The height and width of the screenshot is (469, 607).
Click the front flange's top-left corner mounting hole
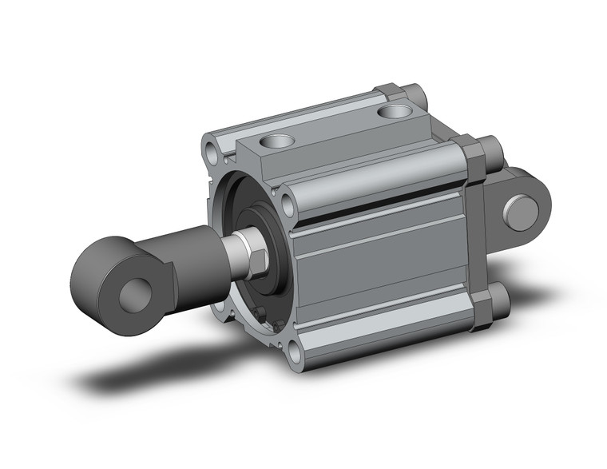pos(212,149)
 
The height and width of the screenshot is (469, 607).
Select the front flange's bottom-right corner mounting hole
pos(294,350)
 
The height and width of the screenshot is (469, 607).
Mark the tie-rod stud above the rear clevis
pos(490,149)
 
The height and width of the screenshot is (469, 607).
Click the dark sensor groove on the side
pos(375,209)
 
